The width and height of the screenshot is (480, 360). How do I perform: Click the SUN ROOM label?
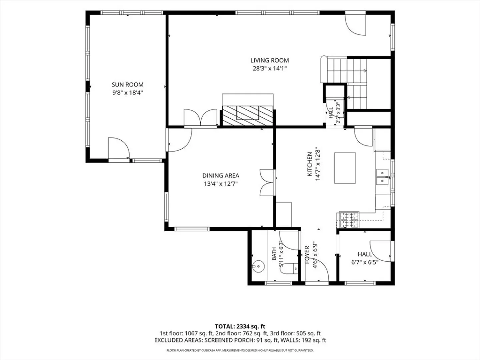coord(127,85)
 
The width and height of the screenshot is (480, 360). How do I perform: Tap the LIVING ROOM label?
coord(269,60)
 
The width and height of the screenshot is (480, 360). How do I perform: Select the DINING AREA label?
coord(221,176)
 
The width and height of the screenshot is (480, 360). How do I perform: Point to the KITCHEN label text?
coord(310,164)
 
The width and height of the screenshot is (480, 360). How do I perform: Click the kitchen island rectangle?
coord(345,168)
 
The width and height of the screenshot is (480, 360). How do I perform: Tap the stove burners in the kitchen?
coord(349,220)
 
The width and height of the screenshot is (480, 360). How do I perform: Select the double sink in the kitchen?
coord(382,177)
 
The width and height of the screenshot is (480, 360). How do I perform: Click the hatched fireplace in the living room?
coord(248,116)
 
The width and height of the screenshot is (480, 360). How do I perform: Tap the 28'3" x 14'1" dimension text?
coord(270,69)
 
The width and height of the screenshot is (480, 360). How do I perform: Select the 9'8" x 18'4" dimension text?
coord(127,93)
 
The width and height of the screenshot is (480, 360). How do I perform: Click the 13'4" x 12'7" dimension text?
coord(221,184)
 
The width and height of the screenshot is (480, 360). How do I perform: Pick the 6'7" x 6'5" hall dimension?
coord(365,262)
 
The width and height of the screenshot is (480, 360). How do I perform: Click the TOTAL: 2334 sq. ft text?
coord(240,327)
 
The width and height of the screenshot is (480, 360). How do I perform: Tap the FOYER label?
coord(307,255)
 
